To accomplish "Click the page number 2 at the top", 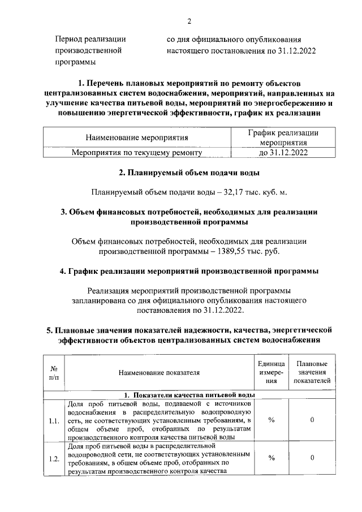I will [189, 21].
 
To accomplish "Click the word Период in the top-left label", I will [68, 40].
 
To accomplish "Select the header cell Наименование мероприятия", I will [137, 137].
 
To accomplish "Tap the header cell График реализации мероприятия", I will [283, 137].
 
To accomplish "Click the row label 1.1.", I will [54, 421].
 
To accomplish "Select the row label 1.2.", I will [54, 459].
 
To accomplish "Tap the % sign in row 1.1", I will [271, 421].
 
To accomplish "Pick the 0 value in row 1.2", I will [312, 459].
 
